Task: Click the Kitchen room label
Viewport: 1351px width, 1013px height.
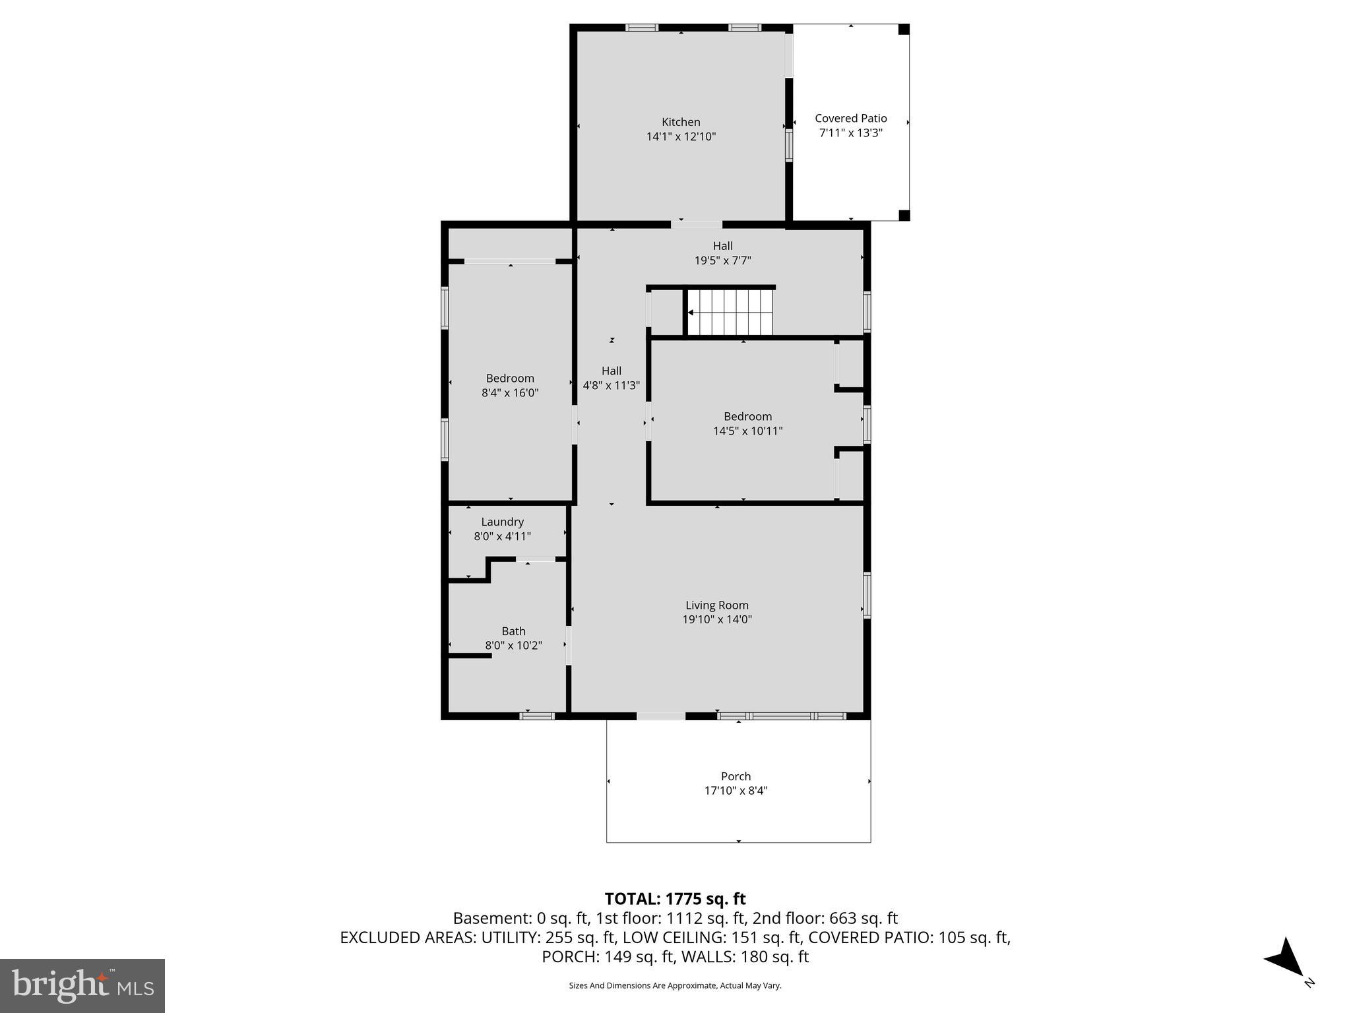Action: (681, 122)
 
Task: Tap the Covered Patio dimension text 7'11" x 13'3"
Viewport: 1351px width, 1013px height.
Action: (850, 133)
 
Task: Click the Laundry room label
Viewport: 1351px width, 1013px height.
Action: (502, 522)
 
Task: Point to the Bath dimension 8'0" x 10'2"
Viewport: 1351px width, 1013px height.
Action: (513, 646)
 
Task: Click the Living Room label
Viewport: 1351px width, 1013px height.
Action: (716, 605)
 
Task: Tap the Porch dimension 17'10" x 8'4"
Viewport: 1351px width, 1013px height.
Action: (736, 791)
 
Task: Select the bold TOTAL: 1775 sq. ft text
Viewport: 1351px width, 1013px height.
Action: (675, 899)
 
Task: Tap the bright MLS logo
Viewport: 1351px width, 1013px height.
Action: (82, 985)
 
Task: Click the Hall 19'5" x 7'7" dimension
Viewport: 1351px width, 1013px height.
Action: (722, 261)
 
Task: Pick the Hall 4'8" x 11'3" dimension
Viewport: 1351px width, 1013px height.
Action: (611, 385)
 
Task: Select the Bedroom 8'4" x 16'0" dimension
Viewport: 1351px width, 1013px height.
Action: (510, 393)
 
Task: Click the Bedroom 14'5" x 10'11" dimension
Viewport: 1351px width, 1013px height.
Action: (747, 431)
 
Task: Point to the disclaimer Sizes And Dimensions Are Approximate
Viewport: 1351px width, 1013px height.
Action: (675, 985)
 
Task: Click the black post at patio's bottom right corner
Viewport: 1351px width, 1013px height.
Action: (904, 215)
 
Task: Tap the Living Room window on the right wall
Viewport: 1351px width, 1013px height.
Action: (867, 595)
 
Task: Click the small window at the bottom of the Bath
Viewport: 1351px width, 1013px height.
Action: (537, 716)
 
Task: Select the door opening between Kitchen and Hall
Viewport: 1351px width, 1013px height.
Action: (697, 224)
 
